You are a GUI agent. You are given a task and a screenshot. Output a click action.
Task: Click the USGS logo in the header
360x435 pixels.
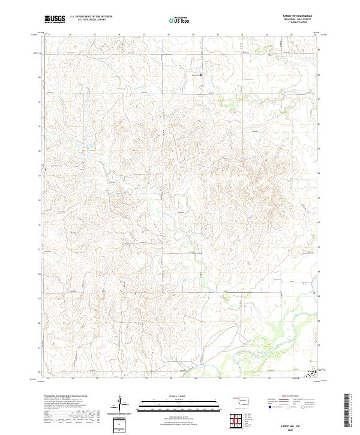click(x=55, y=19)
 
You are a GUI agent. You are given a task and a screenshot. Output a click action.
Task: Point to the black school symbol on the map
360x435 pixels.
click(x=201, y=75)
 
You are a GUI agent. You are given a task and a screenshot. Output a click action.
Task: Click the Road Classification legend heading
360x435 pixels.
click(x=295, y=397)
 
